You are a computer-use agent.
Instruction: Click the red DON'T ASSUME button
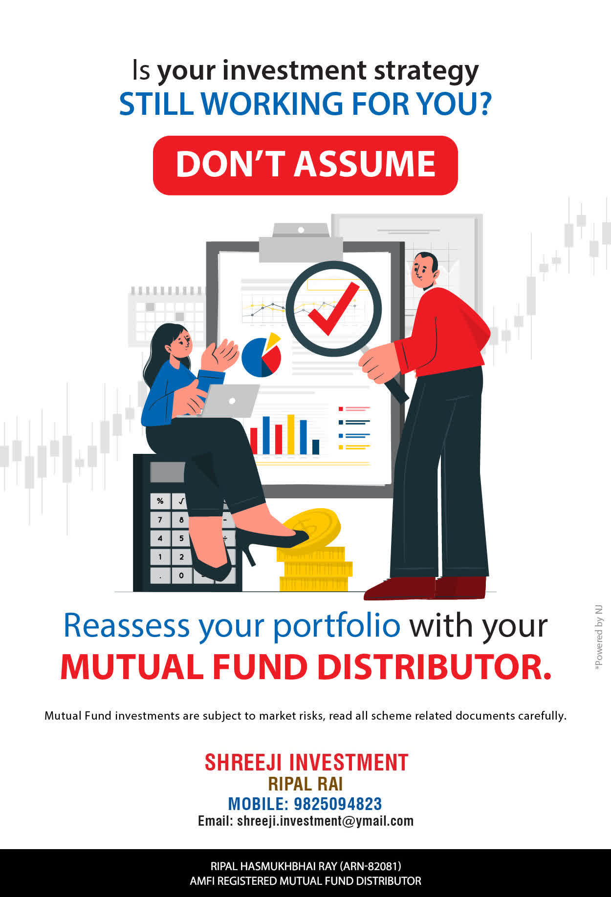[305, 165]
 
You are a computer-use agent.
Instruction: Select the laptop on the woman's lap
[229, 401]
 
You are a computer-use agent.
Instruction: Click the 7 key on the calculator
[160, 520]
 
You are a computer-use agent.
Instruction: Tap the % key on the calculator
[160, 501]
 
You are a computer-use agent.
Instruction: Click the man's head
[424, 271]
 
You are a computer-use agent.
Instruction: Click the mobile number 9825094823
[338, 804]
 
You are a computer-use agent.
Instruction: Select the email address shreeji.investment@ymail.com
[325, 821]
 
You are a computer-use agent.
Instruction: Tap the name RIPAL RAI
[305, 784]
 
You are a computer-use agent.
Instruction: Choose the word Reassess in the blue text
[127, 626]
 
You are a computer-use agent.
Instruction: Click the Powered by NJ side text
[599, 638]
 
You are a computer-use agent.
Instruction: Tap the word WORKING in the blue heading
[272, 104]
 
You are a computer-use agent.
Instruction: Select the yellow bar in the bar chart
[291, 434]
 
